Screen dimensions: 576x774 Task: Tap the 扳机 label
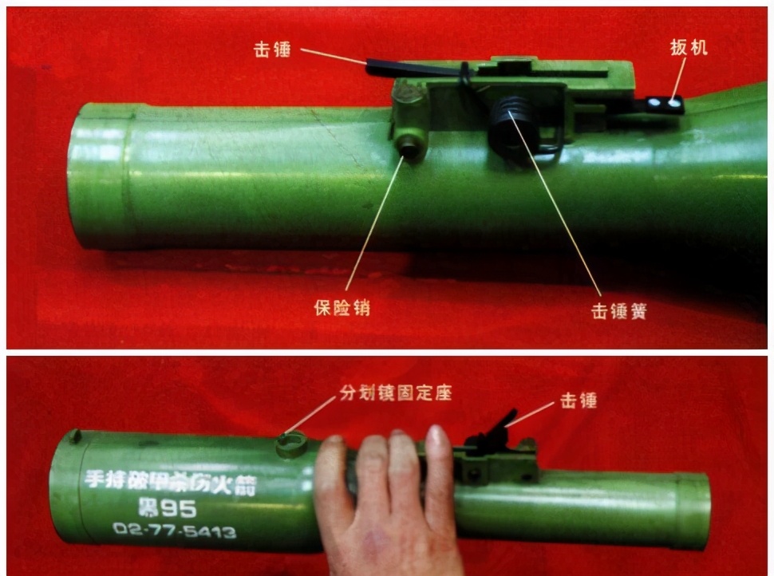(689, 48)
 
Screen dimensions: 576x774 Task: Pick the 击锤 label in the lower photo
(579, 400)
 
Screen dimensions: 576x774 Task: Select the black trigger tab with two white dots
(664, 104)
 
